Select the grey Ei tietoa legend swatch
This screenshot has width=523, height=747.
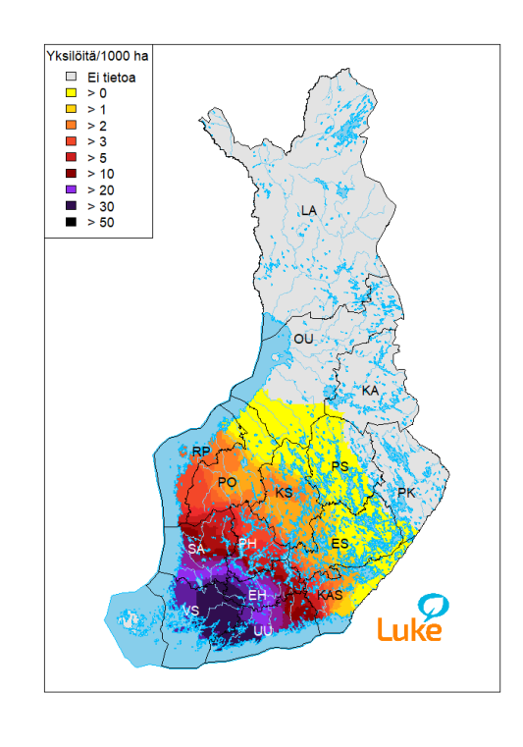70,77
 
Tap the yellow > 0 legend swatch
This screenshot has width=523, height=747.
70,93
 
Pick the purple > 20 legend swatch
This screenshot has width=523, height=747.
70,189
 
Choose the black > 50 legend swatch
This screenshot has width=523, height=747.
70,222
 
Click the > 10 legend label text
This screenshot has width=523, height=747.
100,174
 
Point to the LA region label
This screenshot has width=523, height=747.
309,211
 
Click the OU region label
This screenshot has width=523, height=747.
304,339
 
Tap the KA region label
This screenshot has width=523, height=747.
370,391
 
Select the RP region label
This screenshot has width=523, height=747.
201,452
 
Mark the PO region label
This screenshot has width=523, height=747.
227,482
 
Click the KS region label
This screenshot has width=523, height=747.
284,492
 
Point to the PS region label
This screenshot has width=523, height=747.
340,466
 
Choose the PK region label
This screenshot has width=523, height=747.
406,492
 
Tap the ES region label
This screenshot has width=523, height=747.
340,544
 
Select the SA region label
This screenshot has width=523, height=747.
195,549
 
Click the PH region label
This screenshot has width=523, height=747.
247,544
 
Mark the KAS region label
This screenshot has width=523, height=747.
330,596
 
